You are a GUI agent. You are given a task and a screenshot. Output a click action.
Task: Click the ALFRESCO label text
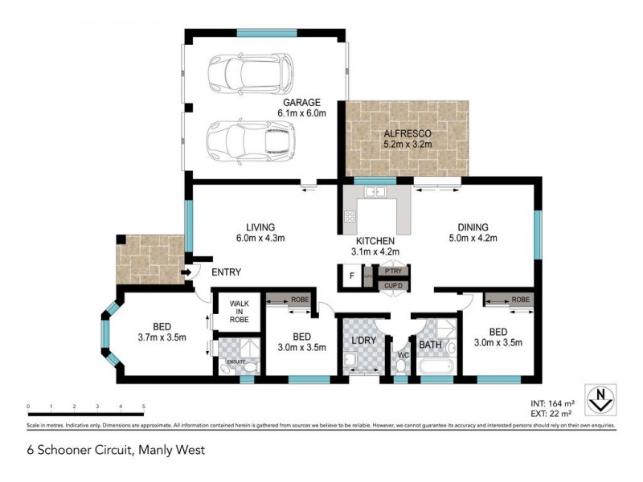(407, 133)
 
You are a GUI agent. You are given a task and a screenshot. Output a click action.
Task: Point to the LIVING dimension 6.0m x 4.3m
(261, 238)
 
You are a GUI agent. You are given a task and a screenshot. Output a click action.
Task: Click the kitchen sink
(375, 193)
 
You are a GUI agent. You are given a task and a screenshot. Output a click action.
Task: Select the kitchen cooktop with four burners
(350, 216)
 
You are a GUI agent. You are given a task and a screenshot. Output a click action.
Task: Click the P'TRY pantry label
(392, 271)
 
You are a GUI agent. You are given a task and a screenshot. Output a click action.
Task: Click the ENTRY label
(227, 272)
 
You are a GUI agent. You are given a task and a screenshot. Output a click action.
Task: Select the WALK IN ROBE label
(239, 311)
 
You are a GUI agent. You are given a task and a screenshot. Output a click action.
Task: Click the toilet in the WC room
(399, 365)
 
